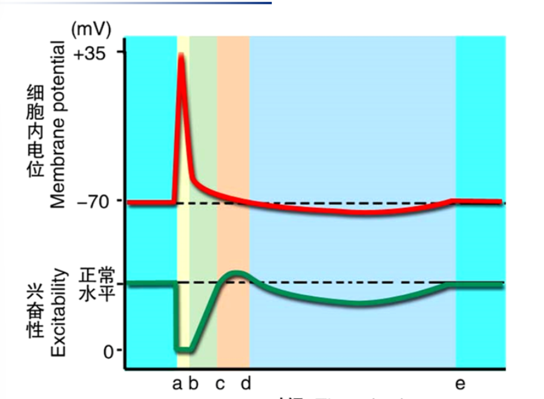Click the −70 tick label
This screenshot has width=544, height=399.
click(x=91, y=201)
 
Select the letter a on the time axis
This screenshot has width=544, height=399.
click(x=177, y=384)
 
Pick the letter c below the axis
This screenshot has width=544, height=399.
click(x=220, y=384)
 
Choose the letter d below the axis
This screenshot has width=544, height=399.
click(x=246, y=383)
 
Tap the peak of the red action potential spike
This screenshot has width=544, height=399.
click(x=181, y=56)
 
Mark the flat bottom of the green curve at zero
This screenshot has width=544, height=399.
click(x=183, y=349)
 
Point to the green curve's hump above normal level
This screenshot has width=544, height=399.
click(x=237, y=274)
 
